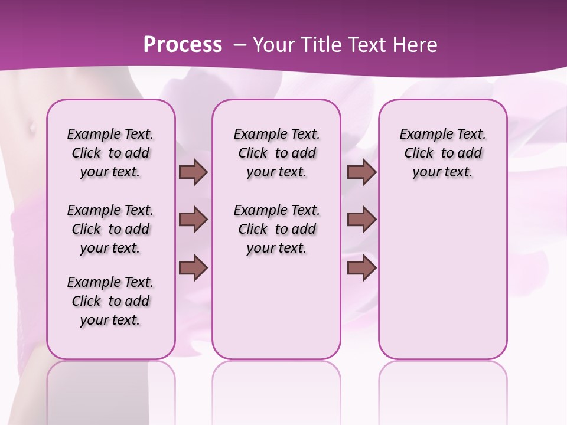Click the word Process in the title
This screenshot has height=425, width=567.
(x=183, y=44)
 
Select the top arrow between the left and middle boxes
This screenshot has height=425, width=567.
(x=193, y=172)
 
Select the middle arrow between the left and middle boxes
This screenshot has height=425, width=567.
(x=193, y=220)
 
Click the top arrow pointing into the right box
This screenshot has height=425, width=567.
(x=361, y=172)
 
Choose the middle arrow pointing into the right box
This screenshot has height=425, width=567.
(x=361, y=220)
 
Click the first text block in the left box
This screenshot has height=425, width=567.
(x=110, y=153)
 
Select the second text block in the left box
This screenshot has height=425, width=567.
(x=110, y=229)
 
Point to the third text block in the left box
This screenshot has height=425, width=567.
(x=110, y=301)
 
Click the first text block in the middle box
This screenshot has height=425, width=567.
(x=276, y=153)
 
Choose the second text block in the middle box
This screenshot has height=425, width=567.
(x=276, y=229)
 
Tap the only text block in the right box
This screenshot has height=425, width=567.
(x=442, y=153)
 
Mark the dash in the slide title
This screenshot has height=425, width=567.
(x=239, y=44)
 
